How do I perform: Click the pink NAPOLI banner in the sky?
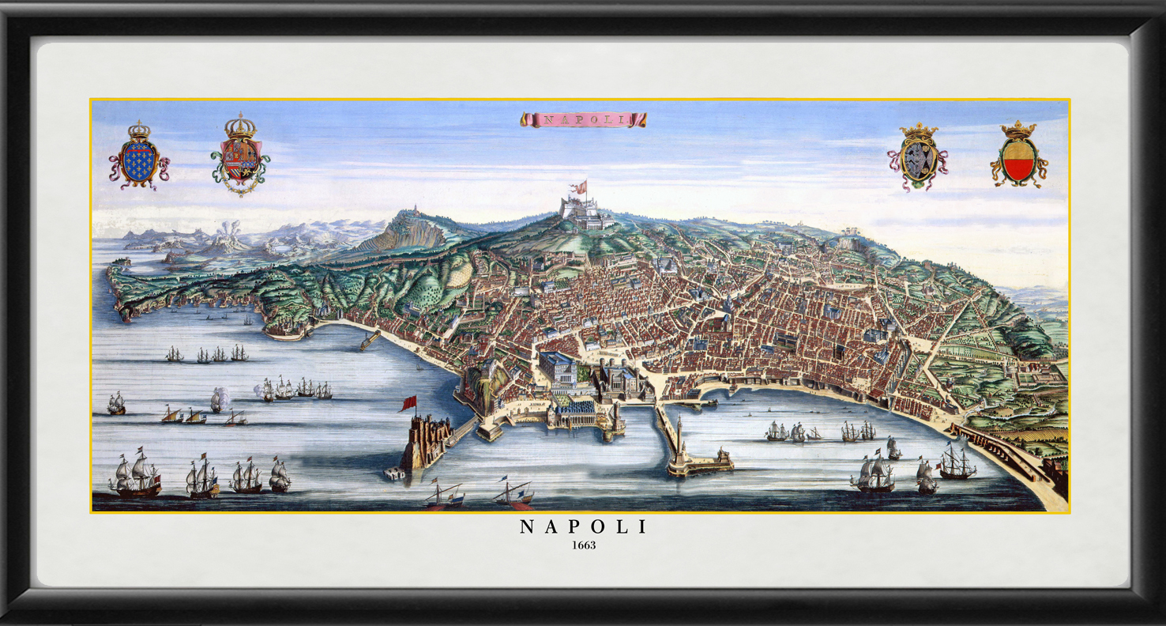tap(583, 119)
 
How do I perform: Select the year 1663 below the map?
tap(583, 545)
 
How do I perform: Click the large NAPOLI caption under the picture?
tap(583, 527)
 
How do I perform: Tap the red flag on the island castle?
tap(408, 403)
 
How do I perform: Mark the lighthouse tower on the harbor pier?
tap(678, 431)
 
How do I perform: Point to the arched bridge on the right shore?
tap(997, 451)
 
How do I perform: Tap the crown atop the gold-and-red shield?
tap(1018, 130)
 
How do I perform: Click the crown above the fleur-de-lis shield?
tap(139, 129)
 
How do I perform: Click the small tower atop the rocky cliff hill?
tap(410, 212)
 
